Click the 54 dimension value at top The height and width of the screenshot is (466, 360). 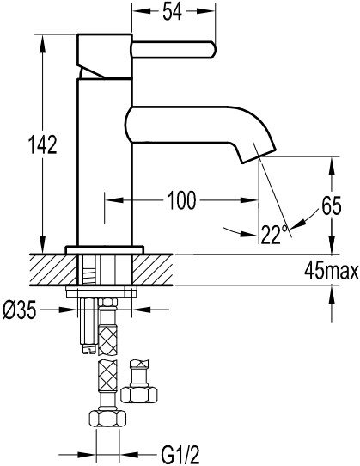click(172, 12)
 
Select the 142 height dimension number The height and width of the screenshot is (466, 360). click(42, 144)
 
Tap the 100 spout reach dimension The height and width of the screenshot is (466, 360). click(182, 200)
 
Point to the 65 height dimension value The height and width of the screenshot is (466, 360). click(332, 206)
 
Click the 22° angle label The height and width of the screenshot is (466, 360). click(275, 234)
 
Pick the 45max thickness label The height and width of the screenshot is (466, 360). click(331, 271)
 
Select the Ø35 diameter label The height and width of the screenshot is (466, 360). click(19, 310)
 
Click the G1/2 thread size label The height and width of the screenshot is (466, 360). click(180, 455)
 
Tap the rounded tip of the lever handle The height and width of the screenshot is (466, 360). click(213, 50)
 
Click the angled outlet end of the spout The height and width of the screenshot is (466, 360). click(259, 156)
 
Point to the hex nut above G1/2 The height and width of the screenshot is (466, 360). click(107, 419)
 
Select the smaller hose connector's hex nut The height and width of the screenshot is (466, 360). click(139, 395)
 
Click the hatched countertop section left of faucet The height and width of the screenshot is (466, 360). click(53, 270)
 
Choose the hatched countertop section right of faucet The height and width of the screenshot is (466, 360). click(152, 270)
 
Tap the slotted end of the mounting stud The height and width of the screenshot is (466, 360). click(88, 349)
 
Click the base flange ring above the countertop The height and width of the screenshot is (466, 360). click(105, 249)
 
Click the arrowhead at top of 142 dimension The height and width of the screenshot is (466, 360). click(42, 42)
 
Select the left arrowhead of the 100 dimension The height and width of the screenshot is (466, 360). click(114, 200)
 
